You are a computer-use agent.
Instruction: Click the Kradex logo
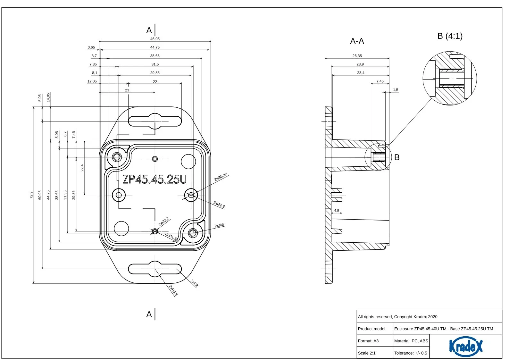pos(465,346)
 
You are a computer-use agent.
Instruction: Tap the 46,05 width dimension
pos(155,39)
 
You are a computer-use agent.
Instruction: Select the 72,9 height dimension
pos(31,195)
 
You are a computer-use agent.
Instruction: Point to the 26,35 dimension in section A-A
pos(357,56)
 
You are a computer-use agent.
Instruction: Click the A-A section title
pos(357,41)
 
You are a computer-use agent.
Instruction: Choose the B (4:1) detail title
pos(450,36)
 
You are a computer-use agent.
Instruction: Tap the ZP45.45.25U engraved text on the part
pos(154,179)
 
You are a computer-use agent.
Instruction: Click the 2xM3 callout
pos(220,226)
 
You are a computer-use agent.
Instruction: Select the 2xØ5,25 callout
pos(221,177)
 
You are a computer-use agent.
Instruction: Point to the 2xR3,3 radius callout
pos(173,290)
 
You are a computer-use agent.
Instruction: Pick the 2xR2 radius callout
pos(194,283)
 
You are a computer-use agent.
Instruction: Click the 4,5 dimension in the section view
pos(337,211)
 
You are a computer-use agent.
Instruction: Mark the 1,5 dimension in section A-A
pos(396,90)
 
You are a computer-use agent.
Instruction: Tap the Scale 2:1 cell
pos(367,353)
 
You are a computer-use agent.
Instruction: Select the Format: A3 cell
pos(368,341)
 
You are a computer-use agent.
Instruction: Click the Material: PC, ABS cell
pos(411,341)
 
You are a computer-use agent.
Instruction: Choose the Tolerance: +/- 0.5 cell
pos(411,353)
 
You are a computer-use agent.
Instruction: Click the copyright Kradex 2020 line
pos(397,317)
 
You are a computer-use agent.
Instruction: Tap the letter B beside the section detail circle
pos(397,157)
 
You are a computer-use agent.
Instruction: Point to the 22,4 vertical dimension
pos(82,168)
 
